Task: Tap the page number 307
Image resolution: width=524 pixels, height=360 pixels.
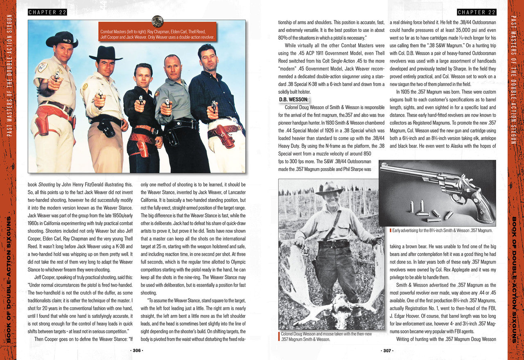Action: tap(387, 351)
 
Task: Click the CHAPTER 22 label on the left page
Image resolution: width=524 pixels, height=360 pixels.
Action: tap(47, 12)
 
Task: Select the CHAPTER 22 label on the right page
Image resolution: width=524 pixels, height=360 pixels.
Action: tap(477, 12)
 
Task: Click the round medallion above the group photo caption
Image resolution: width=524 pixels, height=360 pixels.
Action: tap(157, 21)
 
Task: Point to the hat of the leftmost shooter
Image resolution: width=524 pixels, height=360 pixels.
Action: tap(62, 39)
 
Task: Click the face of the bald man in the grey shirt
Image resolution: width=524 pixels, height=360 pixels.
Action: tap(172, 65)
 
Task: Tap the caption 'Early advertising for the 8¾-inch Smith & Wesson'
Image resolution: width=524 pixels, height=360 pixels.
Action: tap(442, 231)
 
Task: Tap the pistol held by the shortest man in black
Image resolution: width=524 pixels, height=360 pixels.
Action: tap(141, 99)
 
